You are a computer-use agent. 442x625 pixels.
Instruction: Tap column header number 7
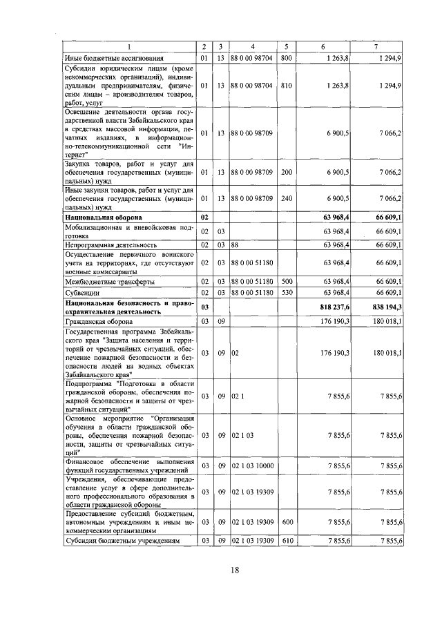(375, 47)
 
